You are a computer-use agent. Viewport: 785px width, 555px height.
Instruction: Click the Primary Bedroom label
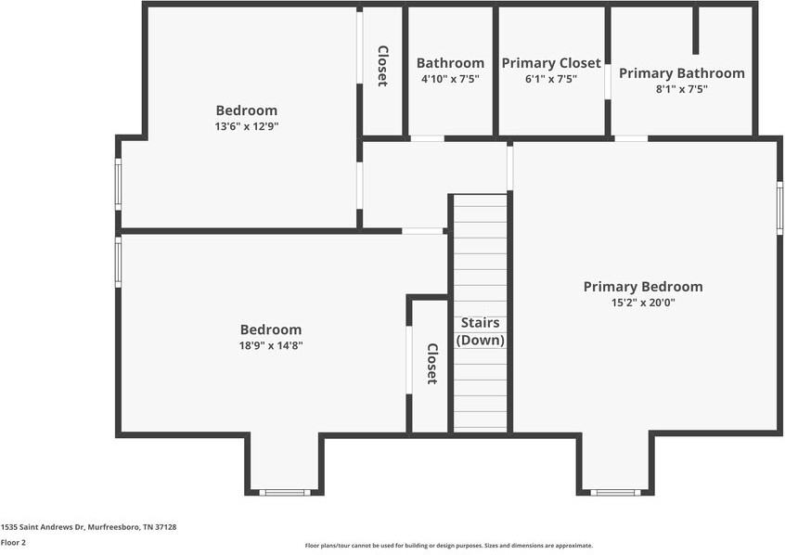click(642, 287)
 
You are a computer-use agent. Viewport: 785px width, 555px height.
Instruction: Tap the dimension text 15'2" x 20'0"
click(642, 303)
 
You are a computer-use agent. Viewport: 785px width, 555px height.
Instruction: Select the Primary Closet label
click(551, 63)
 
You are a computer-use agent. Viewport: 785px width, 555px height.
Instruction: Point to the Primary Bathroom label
click(681, 73)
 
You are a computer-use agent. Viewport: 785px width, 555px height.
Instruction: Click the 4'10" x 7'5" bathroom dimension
click(450, 79)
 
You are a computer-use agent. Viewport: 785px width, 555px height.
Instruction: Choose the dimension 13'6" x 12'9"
click(246, 126)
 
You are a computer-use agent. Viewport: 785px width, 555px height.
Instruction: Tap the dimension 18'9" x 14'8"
click(270, 345)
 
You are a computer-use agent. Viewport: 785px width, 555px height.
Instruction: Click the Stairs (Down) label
click(480, 331)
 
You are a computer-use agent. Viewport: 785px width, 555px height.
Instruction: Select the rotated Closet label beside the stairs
click(431, 364)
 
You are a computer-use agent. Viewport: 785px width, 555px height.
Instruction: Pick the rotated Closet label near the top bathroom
click(381, 66)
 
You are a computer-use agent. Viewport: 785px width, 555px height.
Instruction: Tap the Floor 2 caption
click(13, 542)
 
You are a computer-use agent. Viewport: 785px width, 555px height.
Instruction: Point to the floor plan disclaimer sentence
click(448, 546)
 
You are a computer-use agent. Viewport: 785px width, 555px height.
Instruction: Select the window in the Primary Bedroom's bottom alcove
click(614, 492)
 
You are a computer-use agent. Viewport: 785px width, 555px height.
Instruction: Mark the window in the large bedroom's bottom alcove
click(285, 492)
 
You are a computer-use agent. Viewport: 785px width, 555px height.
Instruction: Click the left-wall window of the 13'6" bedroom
click(118, 184)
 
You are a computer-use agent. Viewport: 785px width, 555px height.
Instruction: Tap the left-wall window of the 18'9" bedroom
click(118, 261)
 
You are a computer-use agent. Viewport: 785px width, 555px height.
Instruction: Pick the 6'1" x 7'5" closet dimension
click(551, 79)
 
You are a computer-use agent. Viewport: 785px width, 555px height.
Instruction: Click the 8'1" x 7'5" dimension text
click(681, 89)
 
